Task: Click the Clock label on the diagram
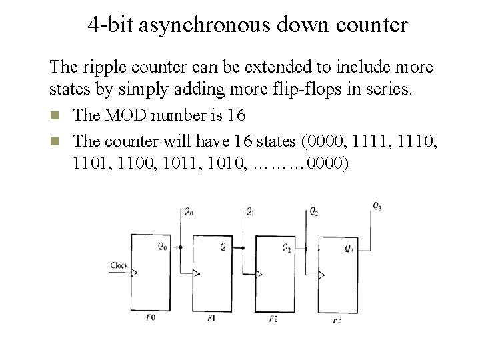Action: pos(119,265)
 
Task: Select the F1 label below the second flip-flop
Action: pos(211,319)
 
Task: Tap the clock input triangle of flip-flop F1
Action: pos(196,273)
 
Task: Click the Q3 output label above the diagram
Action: pos(378,205)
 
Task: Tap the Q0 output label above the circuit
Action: pos(188,212)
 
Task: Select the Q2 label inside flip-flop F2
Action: pos(286,249)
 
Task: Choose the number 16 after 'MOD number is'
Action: pos(236,115)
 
